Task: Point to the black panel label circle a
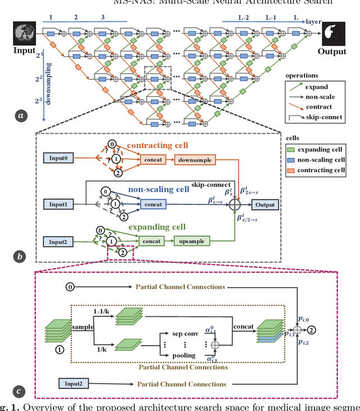[x=21, y=117]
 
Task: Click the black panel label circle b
[x=21, y=257]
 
